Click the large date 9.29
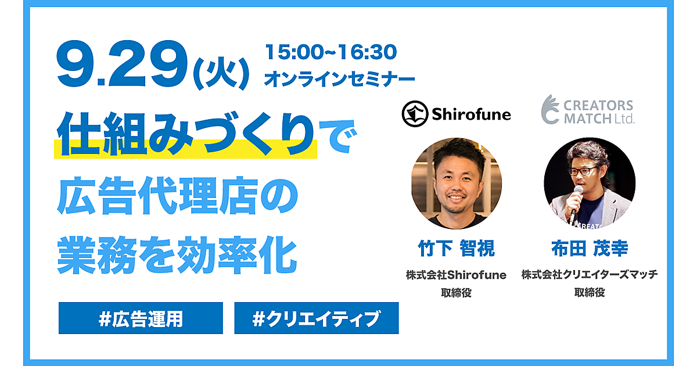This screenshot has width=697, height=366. click(122, 63)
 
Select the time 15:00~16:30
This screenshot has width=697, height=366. click(330, 52)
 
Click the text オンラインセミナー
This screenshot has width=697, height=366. click(339, 79)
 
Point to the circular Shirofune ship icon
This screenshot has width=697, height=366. click(415, 114)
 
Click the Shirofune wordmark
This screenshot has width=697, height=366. click(472, 114)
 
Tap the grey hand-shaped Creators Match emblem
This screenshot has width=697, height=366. click(551, 109)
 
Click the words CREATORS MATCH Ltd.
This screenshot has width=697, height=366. click(599, 112)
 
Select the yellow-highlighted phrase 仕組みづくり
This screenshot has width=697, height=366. click(186, 134)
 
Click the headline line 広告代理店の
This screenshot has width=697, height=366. click(177, 196)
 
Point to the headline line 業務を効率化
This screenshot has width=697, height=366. click(177, 255)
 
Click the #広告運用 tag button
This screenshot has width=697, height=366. click(141, 318)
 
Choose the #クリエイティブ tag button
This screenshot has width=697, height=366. click(317, 318)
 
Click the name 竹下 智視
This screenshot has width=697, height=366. click(456, 249)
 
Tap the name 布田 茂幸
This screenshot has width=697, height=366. click(590, 249)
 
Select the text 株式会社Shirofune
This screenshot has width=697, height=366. click(456, 275)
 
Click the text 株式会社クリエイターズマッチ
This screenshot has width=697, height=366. click(590, 274)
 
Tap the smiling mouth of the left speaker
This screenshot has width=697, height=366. click(456, 198)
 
